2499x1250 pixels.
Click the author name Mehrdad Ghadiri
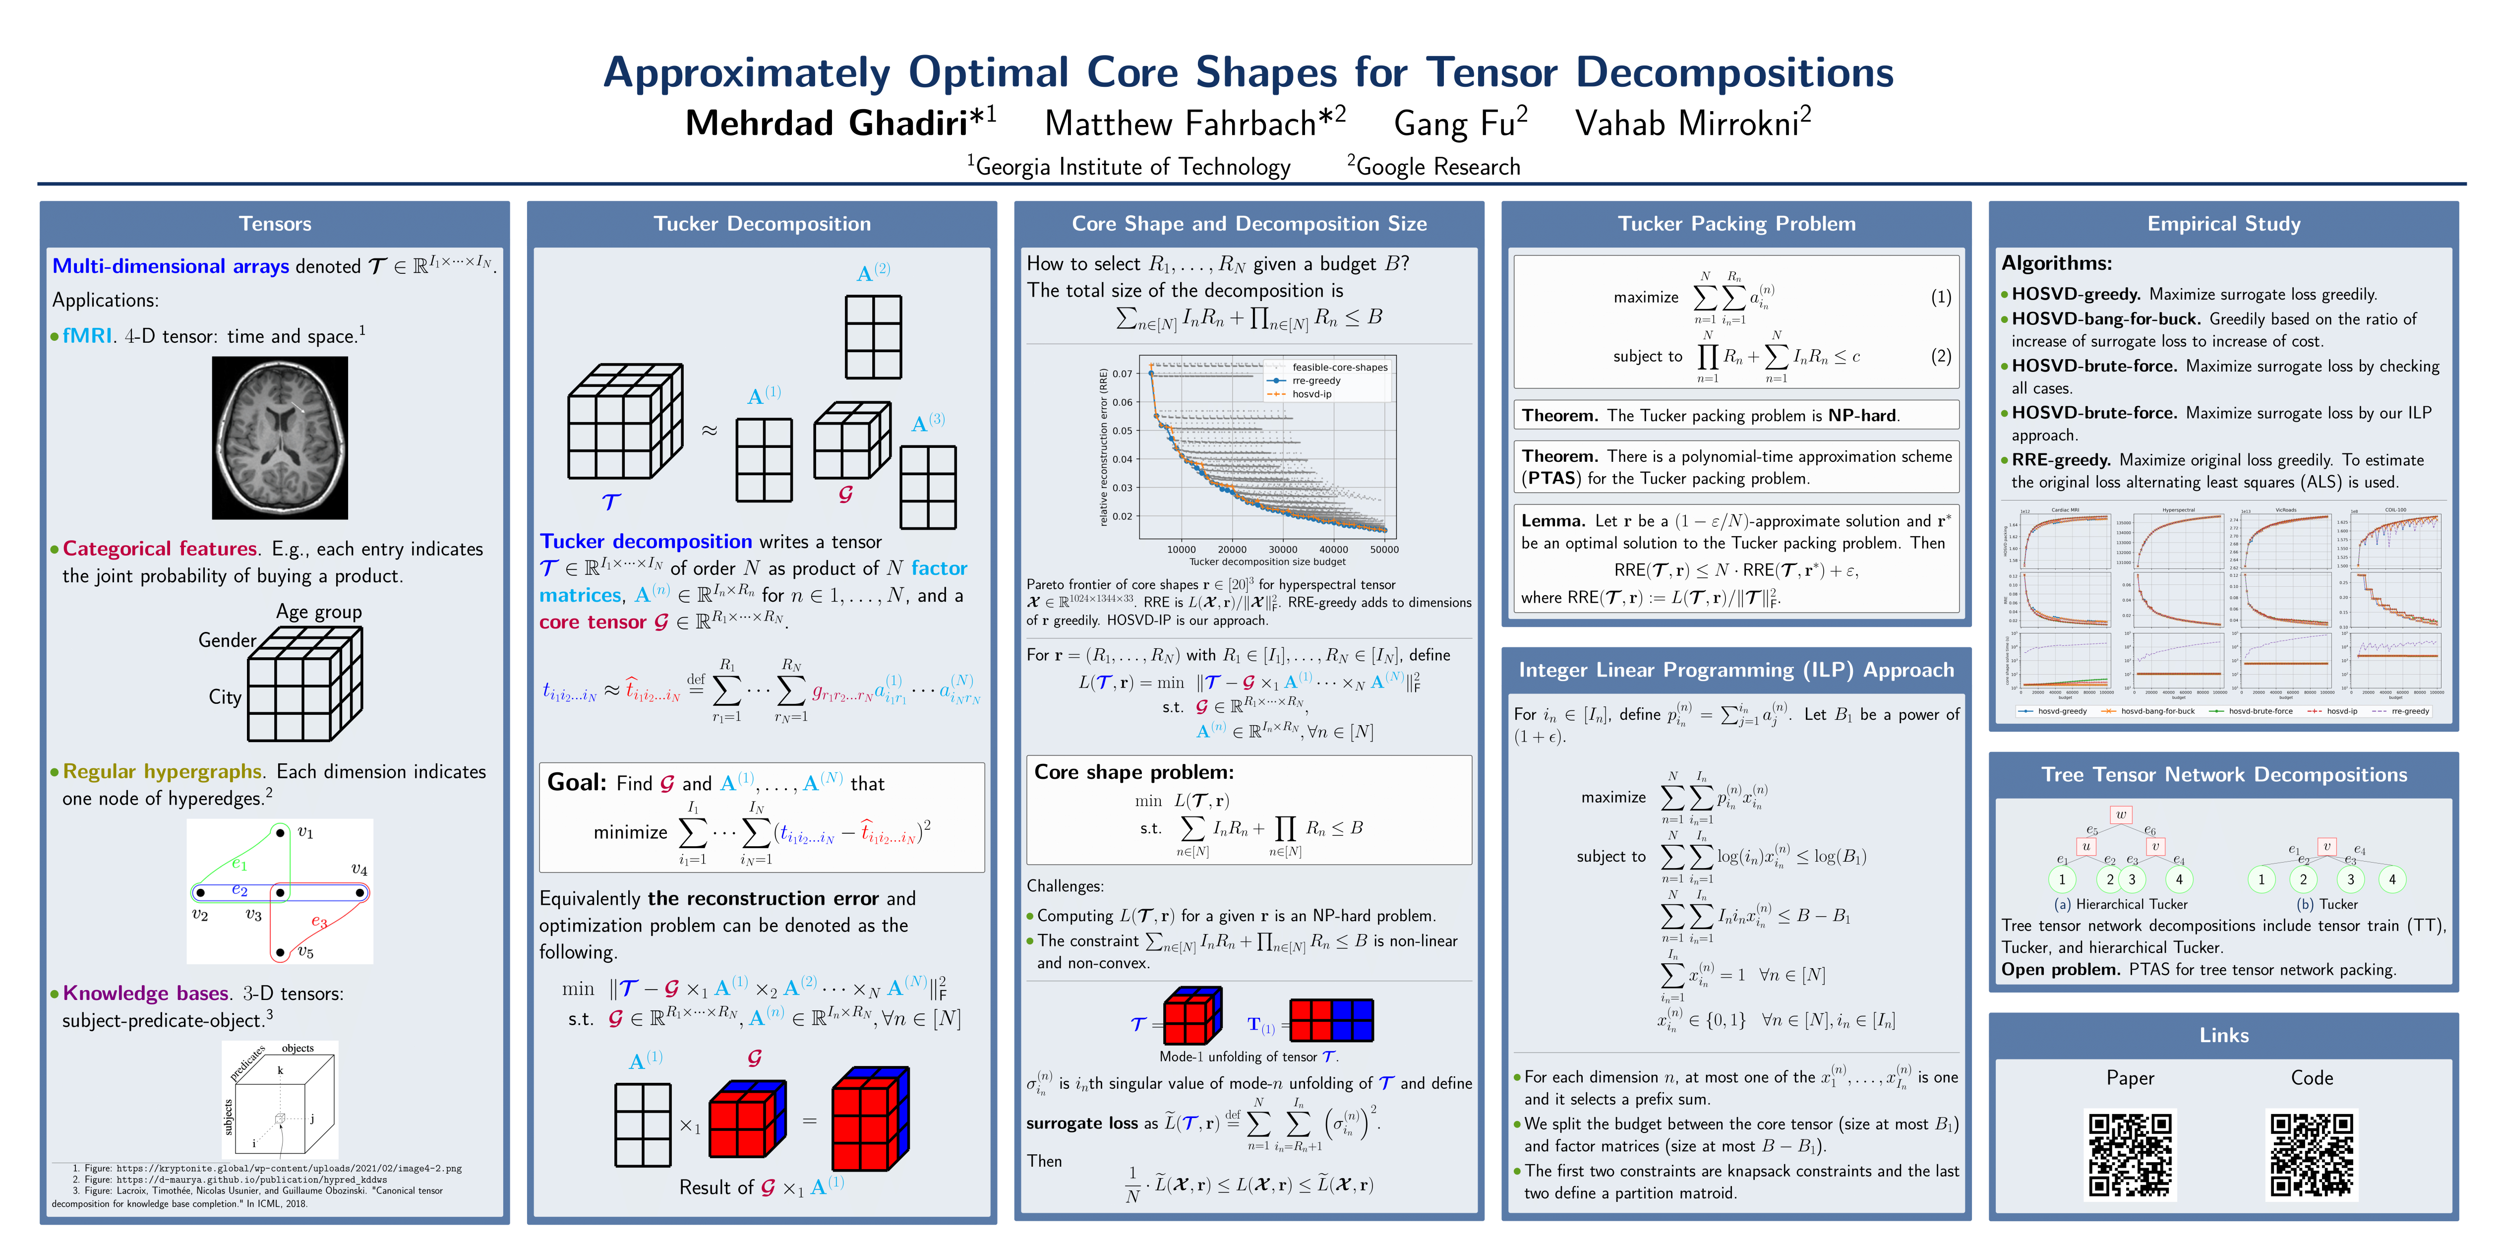coord(827,123)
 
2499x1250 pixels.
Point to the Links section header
coord(2223,1036)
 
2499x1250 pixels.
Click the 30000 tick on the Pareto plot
coord(1283,549)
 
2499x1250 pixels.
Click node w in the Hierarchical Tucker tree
coord(2121,814)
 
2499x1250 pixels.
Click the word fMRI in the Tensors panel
coord(87,336)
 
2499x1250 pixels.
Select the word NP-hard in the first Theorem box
coord(1862,415)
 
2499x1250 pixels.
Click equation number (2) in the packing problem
coord(1940,356)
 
